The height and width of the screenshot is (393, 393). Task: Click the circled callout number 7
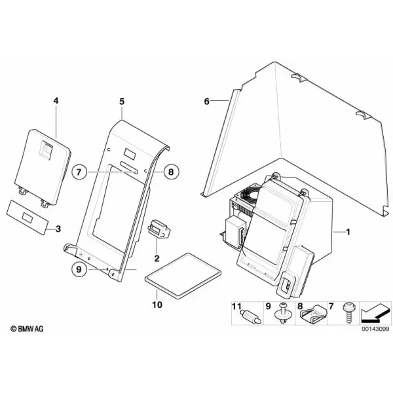pyautogui.click(x=79, y=172)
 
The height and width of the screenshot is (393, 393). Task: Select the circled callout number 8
pyautogui.click(x=171, y=172)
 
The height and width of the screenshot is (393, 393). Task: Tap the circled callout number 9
pyautogui.click(x=79, y=269)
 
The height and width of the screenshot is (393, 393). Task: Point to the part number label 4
pyautogui.click(x=56, y=101)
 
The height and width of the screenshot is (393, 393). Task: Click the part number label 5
pyautogui.click(x=122, y=102)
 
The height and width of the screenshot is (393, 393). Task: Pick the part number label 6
pyautogui.click(x=206, y=102)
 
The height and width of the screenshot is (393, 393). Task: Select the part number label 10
pyautogui.click(x=157, y=305)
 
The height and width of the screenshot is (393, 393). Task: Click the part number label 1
pyautogui.click(x=348, y=232)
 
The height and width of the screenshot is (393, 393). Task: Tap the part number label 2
pyautogui.click(x=157, y=258)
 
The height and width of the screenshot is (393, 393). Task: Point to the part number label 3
pyautogui.click(x=58, y=229)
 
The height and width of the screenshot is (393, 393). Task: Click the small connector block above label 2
pyautogui.click(x=159, y=229)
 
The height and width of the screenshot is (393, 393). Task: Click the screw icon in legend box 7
pyautogui.click(x=348, y=313)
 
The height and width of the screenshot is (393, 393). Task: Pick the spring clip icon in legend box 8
pyautogui.click(x=314, y=314)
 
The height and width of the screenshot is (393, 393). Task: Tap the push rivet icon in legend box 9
pyautogui.click(x=283, y=313)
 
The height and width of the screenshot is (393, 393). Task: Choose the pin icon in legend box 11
pyautogui.click(x=252, y=316)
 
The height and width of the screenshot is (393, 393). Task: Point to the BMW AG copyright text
pyautogui.click(x=27, y=329)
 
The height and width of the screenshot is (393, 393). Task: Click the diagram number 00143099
pyautogui.click(x=375, y=329)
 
